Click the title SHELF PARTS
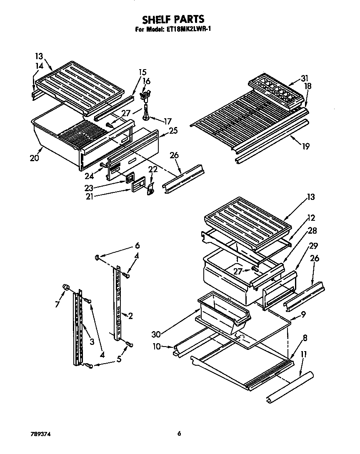[173, 20]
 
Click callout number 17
[168, 122]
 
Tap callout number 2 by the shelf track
[130, 316]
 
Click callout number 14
[39, 66]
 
